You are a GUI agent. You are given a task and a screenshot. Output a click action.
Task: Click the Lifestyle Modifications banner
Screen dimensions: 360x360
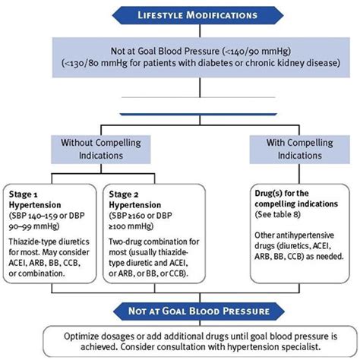[x=179, y=14]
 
